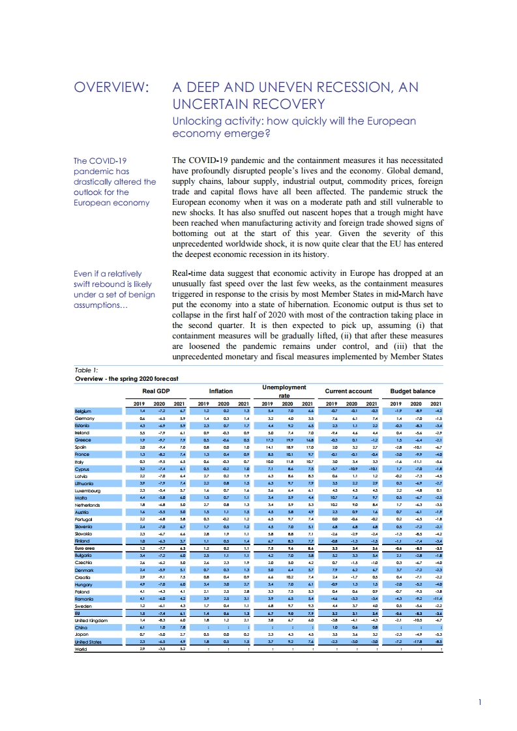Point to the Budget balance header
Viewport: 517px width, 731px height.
click(412, 391)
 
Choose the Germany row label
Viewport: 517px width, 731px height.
click(85, 419)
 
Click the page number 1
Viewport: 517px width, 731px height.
click(479, 702)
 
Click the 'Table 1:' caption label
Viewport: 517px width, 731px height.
click(86, 370)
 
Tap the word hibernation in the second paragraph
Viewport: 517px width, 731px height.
click(305, 304)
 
